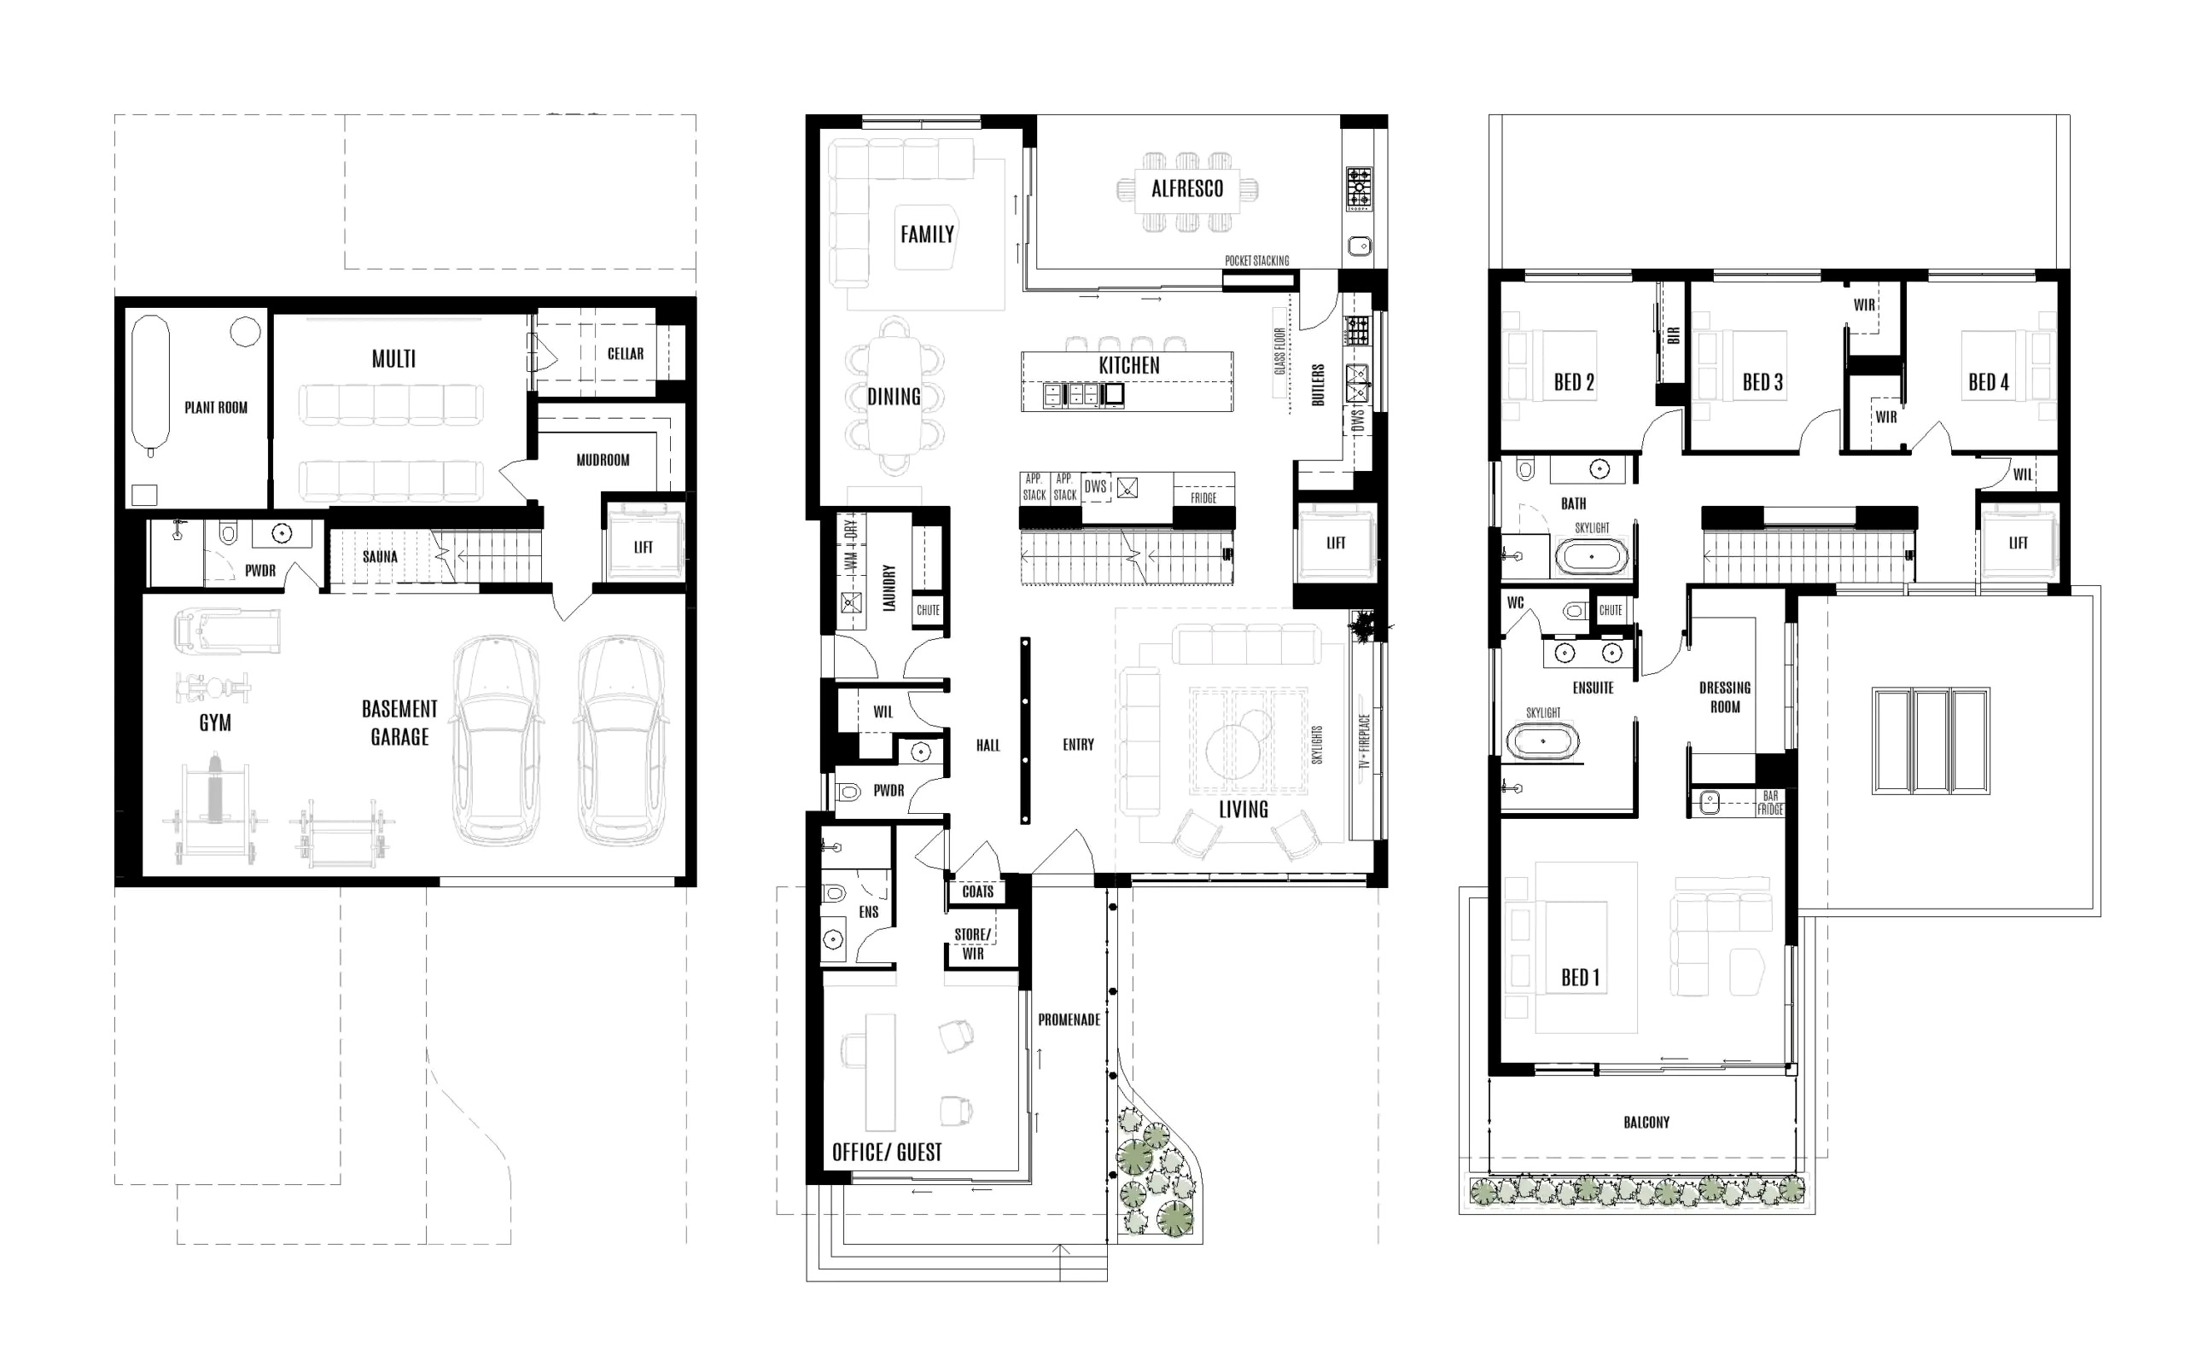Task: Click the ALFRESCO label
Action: (x=1187, y=189)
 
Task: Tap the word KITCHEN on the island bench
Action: (x=1128, y=366)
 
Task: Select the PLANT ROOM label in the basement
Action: (x=216, y=407)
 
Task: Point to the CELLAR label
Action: (x=625, y=354)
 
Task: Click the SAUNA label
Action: (x=380, y=556)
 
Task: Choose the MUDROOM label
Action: (x=603, y=460)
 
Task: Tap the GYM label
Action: (x=215, y=723)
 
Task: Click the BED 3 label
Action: (x=1763, y=382)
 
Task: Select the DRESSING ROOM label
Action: (x=1725, y=698)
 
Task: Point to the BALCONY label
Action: (x=1646, y=1122)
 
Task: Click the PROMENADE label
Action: (x=1069, y=1020)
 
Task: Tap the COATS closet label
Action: (x=977, y=891)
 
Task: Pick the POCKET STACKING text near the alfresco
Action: (x=1256, y=261)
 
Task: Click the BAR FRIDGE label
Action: (x=1769, y=803)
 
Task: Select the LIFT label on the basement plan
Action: (x=643, y=548)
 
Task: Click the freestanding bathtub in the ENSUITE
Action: (x=1542, y=741)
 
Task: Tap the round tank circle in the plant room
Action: (x=246, y=332)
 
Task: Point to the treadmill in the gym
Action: (x=225, y=631)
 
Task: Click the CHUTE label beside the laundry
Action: (x=928, y=610)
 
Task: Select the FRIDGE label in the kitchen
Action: (x=1203, y=498)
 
